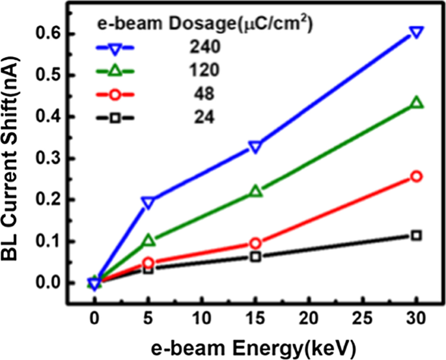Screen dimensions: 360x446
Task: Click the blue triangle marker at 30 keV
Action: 417,33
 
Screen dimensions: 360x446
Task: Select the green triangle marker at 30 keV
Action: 417,103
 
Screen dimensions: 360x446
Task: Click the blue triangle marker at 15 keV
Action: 255,147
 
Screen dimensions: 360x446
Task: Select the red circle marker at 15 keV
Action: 255,243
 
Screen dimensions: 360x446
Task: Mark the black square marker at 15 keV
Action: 255,256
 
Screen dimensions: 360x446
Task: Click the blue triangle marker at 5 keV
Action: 148,202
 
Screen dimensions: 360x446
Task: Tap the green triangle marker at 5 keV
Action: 148,241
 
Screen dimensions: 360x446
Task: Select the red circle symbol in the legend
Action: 115,94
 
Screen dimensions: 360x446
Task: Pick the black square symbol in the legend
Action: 115,118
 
